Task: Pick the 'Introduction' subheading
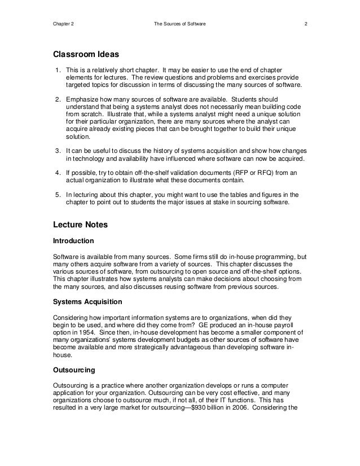pyautogui.click(x=73, y=241)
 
